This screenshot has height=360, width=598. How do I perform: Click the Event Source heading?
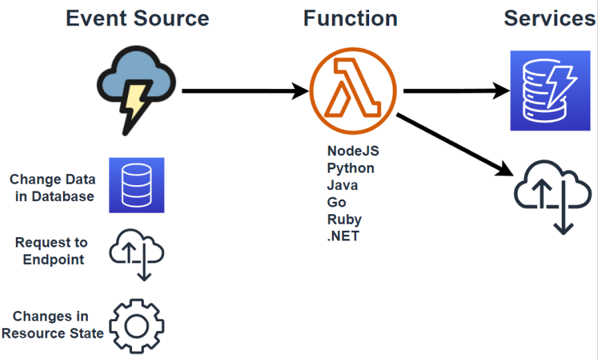tap(137, 18)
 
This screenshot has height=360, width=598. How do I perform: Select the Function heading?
tap(350, 18)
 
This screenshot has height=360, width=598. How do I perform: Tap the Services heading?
tap(550, 18)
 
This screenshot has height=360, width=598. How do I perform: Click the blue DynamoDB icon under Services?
tap(550, 91)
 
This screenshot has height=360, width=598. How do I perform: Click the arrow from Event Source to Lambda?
tap(245, 91)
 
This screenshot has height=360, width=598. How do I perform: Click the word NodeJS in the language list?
tap(353, 151)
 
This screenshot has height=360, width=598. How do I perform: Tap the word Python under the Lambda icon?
tap(351, 168)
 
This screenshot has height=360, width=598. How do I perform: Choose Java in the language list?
tap(342, 185)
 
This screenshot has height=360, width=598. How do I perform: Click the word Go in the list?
tap(337, 202)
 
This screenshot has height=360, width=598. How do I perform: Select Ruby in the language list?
tap(344, 220)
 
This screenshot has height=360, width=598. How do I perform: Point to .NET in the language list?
tap(343, 237)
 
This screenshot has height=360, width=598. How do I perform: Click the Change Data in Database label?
tap(52, 188)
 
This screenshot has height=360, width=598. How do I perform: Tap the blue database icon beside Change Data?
tap(136, 185)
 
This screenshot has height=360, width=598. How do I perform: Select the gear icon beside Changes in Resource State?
tap(136, 325)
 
